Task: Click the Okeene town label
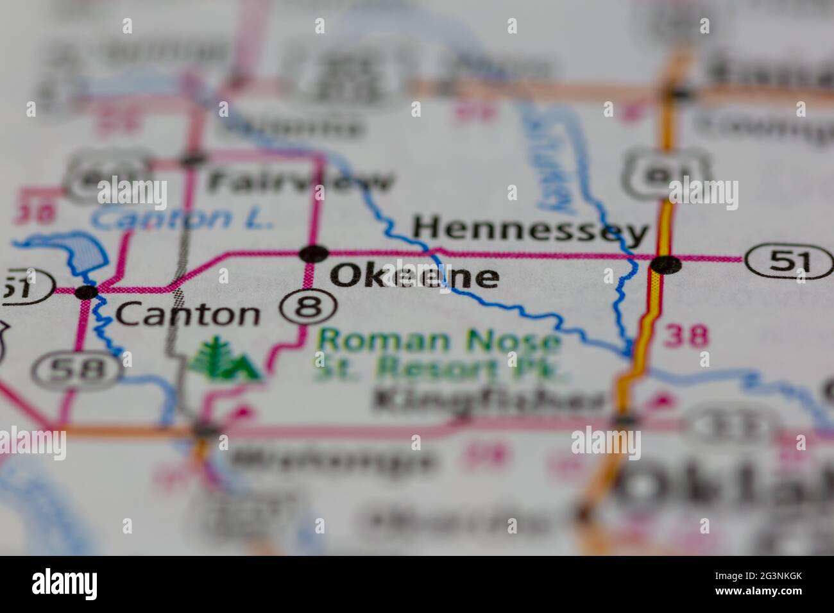point(414,276)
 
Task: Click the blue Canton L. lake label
point(183,219)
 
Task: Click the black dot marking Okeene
point(314,254)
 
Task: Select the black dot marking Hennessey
point(665,264)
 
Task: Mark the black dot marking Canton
point(86,292)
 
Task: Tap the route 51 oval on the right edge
point(788,260)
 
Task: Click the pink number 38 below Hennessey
point(686,335)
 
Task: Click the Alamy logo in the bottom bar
point(65,584)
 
